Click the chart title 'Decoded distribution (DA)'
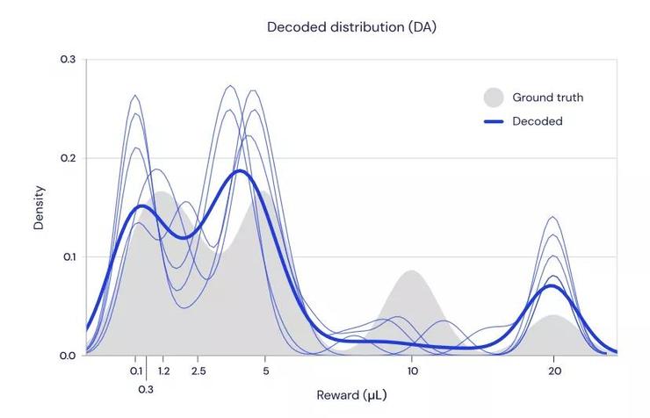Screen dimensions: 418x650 click(x=351, y=27)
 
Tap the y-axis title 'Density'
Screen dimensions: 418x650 click(x=39, y=208)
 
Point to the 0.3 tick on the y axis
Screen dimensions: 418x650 click(x=68, y=60)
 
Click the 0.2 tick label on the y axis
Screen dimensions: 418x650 click(x=68, y=159)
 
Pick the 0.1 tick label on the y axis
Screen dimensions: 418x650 click(x=68, y=257)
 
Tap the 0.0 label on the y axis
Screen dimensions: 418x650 click(x=68, y=356)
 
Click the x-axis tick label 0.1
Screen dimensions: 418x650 click(x=136, y=371)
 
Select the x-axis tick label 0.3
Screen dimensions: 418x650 click(x=146, y=388)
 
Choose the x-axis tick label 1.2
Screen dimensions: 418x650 click(x=164, y=371)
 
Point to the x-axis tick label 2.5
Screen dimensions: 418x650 click(x=199, y=371)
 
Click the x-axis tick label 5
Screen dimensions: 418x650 click(x=266, y=371)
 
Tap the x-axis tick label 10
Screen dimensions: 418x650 click(x=412, y=371)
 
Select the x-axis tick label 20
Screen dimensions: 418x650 click(x=553, y=371)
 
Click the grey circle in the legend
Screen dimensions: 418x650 click(x=495, y=97)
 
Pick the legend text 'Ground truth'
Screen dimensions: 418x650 click(x=547, y=97)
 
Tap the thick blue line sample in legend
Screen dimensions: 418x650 click(x=495, y=121)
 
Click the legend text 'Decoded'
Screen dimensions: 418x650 click(x=538, y=121)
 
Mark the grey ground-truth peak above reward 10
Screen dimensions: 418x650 click(x=411, y=272)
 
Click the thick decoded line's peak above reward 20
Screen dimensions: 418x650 click(x=552, y=285)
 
